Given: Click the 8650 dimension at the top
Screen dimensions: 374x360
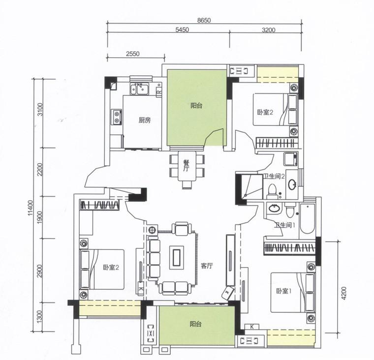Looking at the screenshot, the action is [x=204, y=20].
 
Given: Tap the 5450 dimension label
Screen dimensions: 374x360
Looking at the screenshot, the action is [x=182, y=30].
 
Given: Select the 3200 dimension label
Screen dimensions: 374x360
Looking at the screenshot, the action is [x=268, y=30].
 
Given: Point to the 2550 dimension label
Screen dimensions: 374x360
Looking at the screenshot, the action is [x=132, y=54].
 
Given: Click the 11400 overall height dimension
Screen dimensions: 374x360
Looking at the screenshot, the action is [x=30, y=208].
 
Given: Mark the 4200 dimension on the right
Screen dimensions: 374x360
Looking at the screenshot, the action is [x=343, y=293].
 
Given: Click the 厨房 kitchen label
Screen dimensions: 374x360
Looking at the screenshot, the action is [x=145, y=120].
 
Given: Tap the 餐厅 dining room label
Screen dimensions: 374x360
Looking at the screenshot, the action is [x=186, y=166].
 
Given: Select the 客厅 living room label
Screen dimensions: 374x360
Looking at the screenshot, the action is [x=207, y=266].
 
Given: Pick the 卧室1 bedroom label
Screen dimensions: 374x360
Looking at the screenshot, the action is [x=284, y=291].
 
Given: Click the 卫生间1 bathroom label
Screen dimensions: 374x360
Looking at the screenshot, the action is [x=285, y=225].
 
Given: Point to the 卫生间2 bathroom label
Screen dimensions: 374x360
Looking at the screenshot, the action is [x=274, y=177].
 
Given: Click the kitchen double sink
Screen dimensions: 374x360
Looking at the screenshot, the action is [x=140, y=89].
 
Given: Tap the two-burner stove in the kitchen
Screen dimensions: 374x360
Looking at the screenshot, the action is [x=117, y=117].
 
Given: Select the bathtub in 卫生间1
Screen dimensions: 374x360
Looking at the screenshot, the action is [x=307, y=219].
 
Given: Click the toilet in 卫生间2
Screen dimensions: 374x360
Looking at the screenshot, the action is [x=272, y=191].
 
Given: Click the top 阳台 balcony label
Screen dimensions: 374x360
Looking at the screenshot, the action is [x=196, y=106].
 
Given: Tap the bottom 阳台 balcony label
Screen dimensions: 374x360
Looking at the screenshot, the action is [x=196, y=324].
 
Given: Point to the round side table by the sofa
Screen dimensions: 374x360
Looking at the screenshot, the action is [x=152, y=230].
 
